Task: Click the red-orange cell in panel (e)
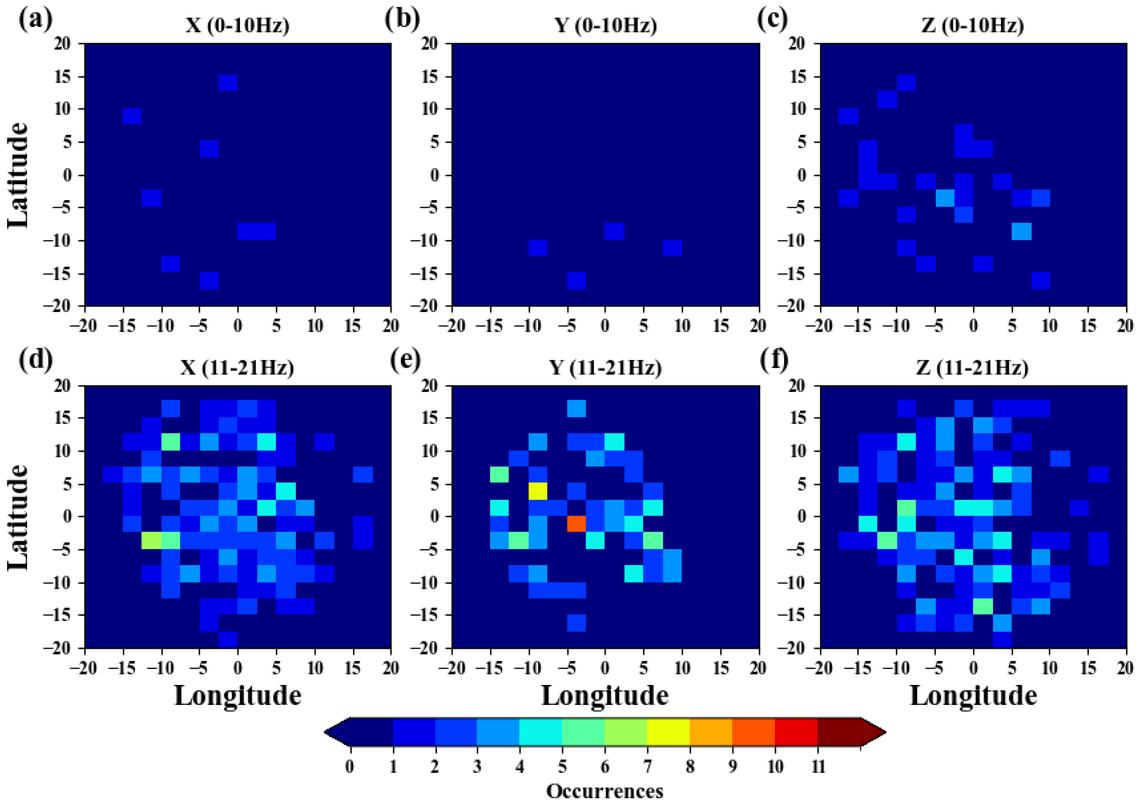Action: [x=576, y=523]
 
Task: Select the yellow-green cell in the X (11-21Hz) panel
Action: [x=151, y=540]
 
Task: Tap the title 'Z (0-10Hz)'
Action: [x=973, y=25]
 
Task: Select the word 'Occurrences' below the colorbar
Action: [x=605, y=791]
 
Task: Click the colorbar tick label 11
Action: [x=818, y=767]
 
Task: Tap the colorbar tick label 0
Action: [x=350, y=767]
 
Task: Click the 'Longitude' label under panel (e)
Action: [x=605, y=696]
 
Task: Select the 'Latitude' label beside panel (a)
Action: [x=18, y=175]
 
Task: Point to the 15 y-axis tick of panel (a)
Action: [x=65, y=77]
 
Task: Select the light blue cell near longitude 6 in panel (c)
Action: [x=1022, y=231]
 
